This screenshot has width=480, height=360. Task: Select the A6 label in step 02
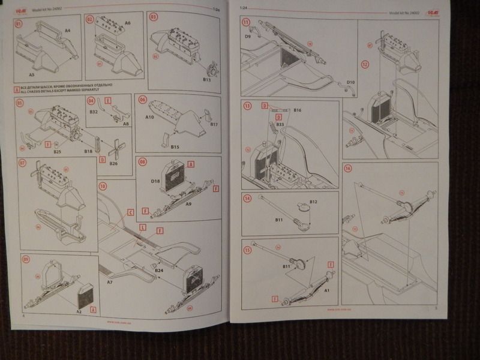[127, 23]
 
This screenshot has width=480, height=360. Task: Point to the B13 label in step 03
[208, 79]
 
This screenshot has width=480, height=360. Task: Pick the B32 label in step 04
[94, 112]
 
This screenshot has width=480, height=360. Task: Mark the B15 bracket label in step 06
[175, 146]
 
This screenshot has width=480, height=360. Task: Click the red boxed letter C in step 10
[131, 212]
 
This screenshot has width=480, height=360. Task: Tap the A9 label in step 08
[188, 205]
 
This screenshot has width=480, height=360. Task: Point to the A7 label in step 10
[110, 281]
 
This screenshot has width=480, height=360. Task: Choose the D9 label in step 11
[247, 37]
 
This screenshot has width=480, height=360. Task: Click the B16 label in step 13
[297, 110]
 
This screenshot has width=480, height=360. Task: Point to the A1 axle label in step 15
[327, 290]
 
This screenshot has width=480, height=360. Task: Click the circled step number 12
[364, 63]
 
